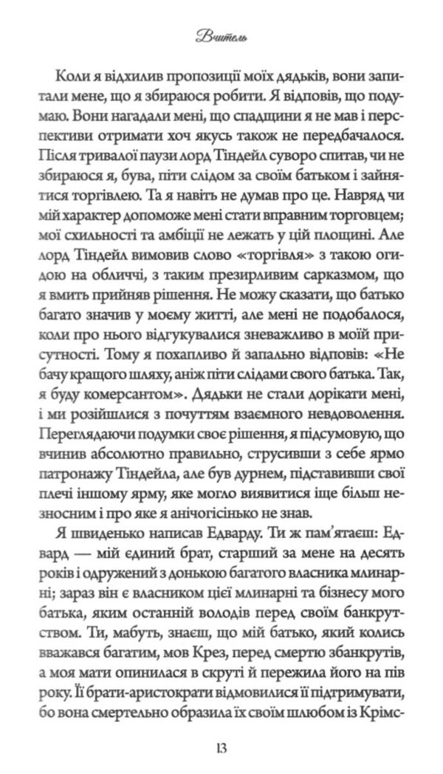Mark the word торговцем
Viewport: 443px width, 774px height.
click(352, 213)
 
